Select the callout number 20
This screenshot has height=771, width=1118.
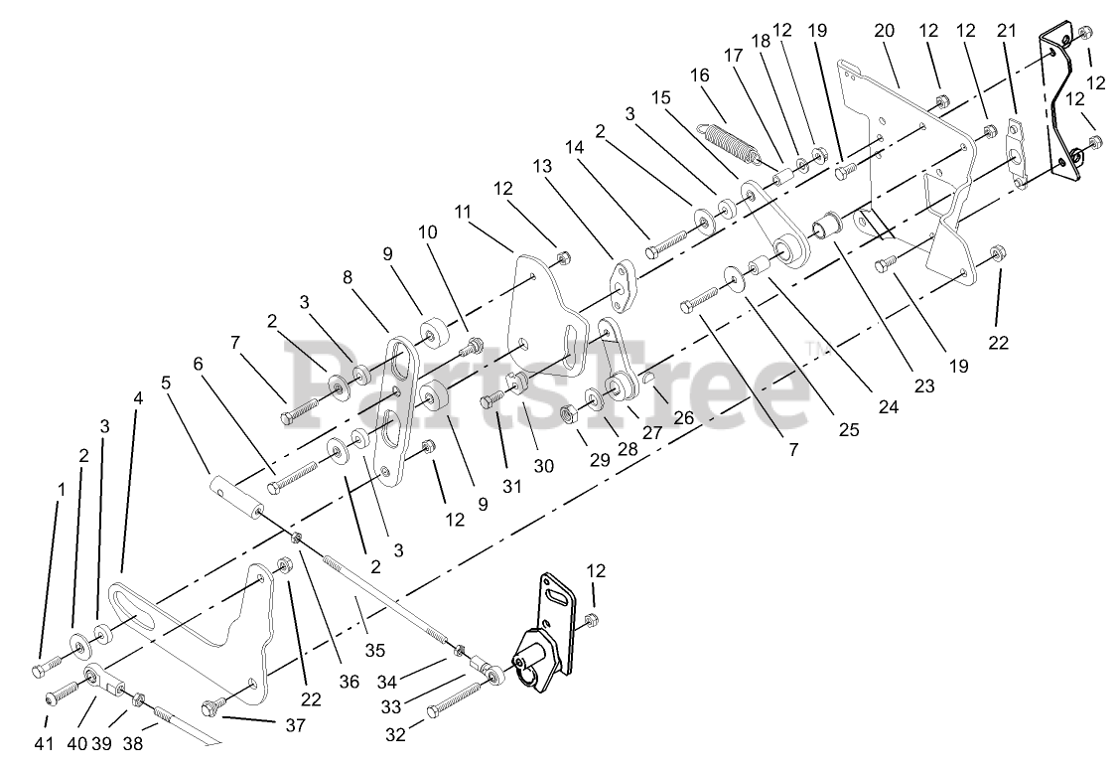click(x=884, y=31)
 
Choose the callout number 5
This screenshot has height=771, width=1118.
click(x=166, y=382)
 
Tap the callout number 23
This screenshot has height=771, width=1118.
click(x=925, y=386)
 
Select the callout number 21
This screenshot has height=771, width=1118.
click(x=1007, y=31)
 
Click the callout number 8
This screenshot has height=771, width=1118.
click(x=349, y=279)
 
